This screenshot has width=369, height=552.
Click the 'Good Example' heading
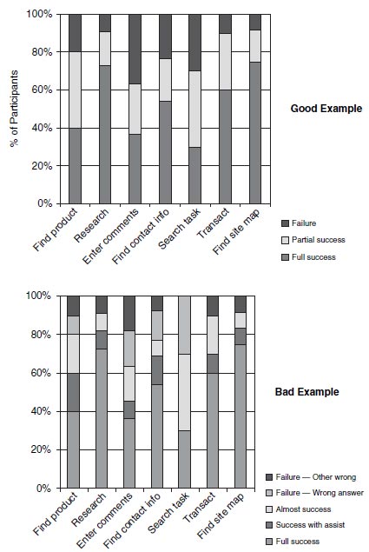pyautogui.click(x=326, y=109)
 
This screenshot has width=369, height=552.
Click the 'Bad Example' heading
pyautogui.click(x=307, y=392)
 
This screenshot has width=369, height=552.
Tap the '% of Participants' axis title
pyautogui.click(x=14, y=109)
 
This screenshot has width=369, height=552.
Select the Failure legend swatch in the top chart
pyautogui.click(x=285, y=223)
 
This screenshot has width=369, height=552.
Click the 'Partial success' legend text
pyautogui.click(x=319, y=240)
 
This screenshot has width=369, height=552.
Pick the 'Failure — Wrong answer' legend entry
pyautogui.click(x=314, y=493)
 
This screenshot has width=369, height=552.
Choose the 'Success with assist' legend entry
pyautogui.click(x=305, y=525)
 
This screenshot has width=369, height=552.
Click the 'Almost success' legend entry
pyautogui.click(x=299, y=509)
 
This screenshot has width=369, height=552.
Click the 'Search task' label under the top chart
pyautogui.click(x=180, y=228)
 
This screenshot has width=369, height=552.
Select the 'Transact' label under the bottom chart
pyautogui.click(x=199, y=507)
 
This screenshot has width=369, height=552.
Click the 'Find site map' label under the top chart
pyautogui.click(x=236, y=231)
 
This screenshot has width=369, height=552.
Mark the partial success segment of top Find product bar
pyautogui.click(x=75, y=90)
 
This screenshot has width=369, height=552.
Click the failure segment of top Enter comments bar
pyautogui.click(x=135, y=49)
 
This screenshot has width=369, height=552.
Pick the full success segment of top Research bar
pyautogui.click(x=105, y=135)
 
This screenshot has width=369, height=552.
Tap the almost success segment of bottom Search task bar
pyautogui.click(x=184, y=392)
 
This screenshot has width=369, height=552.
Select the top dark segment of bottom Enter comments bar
pyautogui.click(x=129, y=313)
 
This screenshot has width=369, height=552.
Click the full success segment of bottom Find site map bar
pyautogui.click(x=241, y=416)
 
